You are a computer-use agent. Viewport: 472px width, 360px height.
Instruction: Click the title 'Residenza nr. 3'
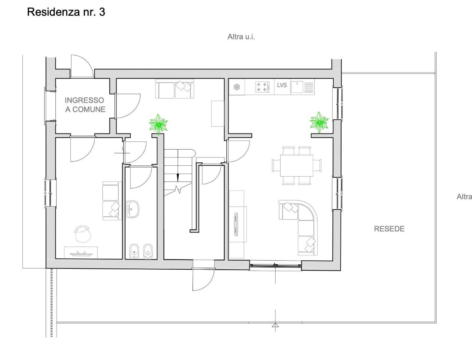point(66,12)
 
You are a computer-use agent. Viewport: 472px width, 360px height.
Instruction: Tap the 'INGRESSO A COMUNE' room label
point(85,105)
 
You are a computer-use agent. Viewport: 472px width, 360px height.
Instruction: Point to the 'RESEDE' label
point(389,229)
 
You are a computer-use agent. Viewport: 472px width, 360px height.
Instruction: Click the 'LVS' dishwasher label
point(282,85)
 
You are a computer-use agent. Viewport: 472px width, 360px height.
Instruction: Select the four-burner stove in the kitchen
point(262,87)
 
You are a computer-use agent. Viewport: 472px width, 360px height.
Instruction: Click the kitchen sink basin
point(297,87)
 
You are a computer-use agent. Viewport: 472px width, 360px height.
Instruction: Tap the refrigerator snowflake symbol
point(236,87)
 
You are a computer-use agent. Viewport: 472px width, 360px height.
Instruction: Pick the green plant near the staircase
point(158,124)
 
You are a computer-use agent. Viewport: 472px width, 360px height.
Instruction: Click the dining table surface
point(297,165)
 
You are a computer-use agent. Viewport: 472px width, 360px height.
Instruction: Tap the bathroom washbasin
point(133,209)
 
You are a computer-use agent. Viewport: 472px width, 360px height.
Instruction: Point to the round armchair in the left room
point(82,234)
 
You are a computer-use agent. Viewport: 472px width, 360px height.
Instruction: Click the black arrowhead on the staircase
point(178,177)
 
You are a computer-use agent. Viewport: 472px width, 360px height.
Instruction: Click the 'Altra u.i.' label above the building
point(241,37)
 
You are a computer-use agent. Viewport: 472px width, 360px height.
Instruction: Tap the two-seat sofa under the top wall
point(175,89)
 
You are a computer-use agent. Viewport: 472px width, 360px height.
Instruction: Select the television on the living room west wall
point(236,224)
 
